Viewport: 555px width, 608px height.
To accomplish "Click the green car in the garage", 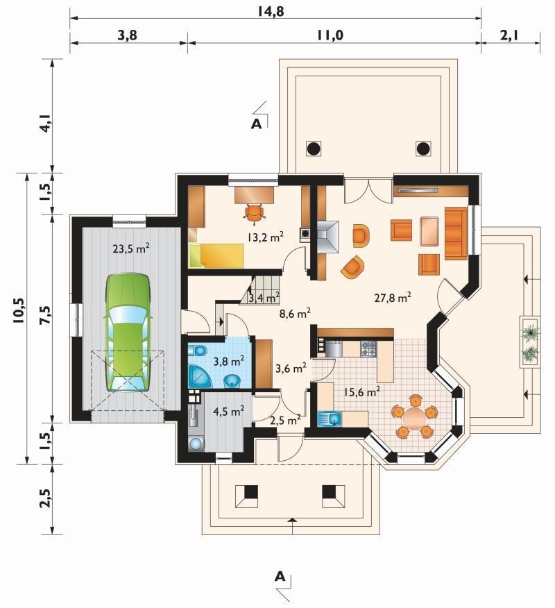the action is (x=127, y=332).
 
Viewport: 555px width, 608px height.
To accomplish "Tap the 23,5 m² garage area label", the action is (x=131, y=248).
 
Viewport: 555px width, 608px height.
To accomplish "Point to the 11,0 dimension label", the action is (x=330, y=35).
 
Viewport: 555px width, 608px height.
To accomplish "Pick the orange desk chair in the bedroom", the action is (x=254, y=213).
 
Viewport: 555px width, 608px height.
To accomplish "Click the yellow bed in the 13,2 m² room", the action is (x=216, y=255).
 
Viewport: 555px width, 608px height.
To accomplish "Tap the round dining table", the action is (x=414, y=417).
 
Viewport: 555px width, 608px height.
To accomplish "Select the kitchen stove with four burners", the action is (x=369, y=348).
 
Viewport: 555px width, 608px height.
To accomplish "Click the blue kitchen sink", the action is (x=330, y=419).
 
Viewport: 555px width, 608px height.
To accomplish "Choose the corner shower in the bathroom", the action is (x=199, y=375).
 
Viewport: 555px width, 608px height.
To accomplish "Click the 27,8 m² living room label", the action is (x=393, y=298).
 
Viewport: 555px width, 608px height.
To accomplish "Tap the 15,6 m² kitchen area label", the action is (x=361, y=391).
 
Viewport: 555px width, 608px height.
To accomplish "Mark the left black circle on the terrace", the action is (x=314, y=149).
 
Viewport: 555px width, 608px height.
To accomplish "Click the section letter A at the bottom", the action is (x=280, y=577).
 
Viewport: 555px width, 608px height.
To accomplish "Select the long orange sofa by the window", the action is (x=456, y=233).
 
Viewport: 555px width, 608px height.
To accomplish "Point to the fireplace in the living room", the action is (x=327, y=237).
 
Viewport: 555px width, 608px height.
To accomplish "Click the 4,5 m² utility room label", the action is (x=229, y=411).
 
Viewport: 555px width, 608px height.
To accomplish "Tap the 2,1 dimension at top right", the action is (x=510, y=35).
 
